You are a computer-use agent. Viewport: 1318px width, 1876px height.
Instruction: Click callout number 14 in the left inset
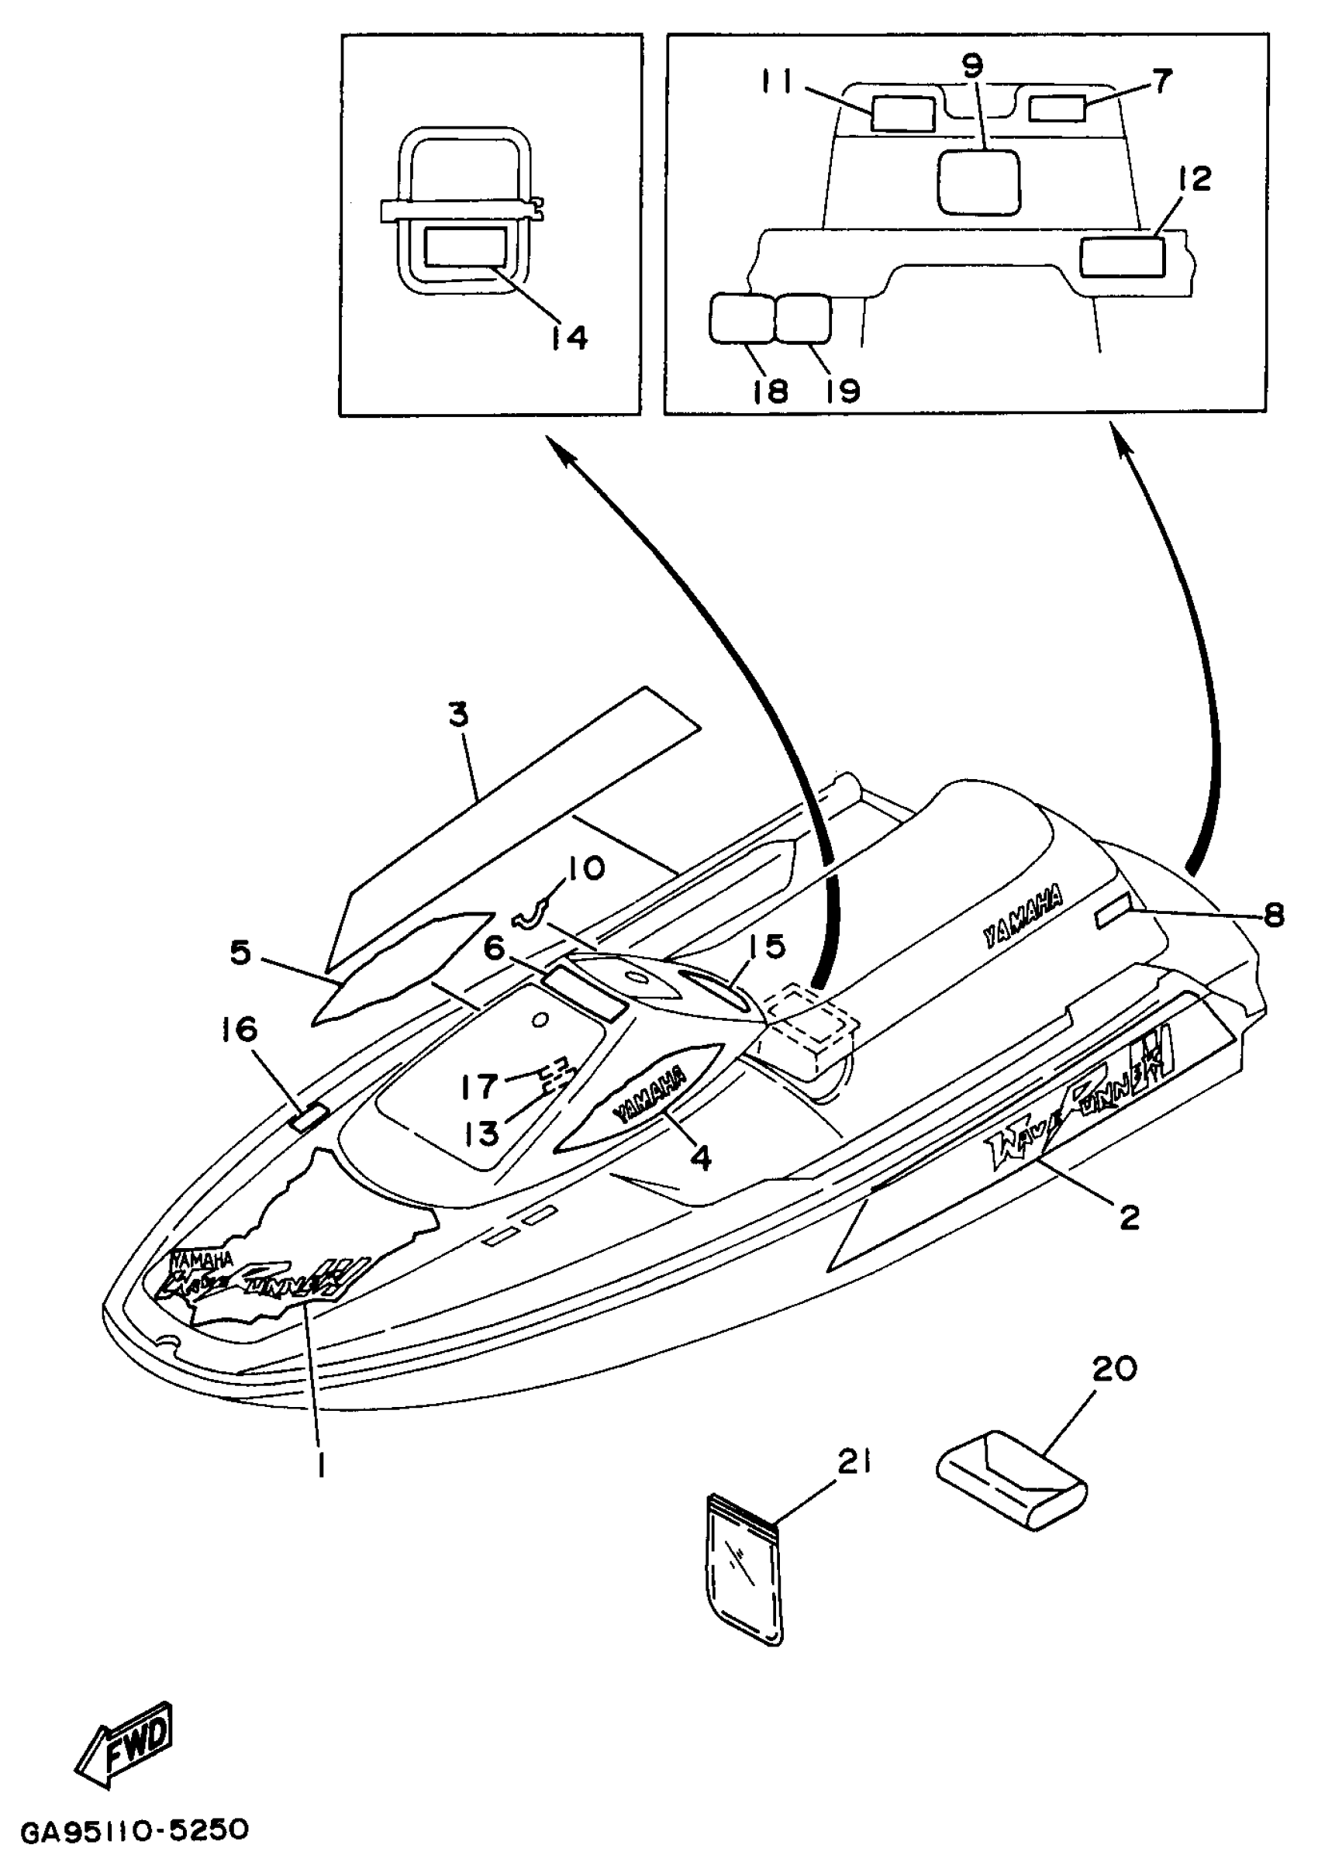(567, 336)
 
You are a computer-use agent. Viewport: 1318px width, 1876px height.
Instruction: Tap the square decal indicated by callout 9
(978, 181)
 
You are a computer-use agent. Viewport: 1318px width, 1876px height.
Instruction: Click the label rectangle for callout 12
(1122, 257)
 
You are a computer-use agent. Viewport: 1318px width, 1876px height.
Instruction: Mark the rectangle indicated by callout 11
(903, 112)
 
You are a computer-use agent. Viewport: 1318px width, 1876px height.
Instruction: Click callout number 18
(770, 391)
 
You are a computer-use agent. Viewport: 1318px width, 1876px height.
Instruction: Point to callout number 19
(842, 391)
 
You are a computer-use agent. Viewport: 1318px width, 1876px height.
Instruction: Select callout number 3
(459, 715)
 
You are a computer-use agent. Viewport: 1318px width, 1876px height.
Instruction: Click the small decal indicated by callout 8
(1113, 919)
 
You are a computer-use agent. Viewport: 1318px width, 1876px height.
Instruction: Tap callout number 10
(585, 867)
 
